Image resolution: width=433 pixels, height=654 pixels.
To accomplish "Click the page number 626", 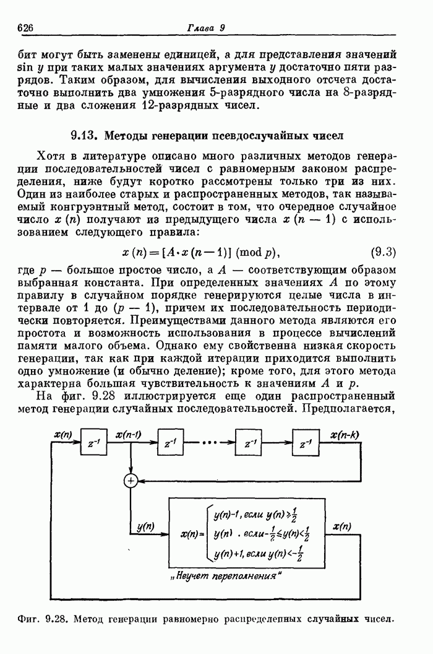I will point(25,27).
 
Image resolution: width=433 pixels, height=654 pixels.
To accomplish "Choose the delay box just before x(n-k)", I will point(302,444).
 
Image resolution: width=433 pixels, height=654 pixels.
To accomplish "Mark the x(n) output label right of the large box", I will point(341,527).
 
